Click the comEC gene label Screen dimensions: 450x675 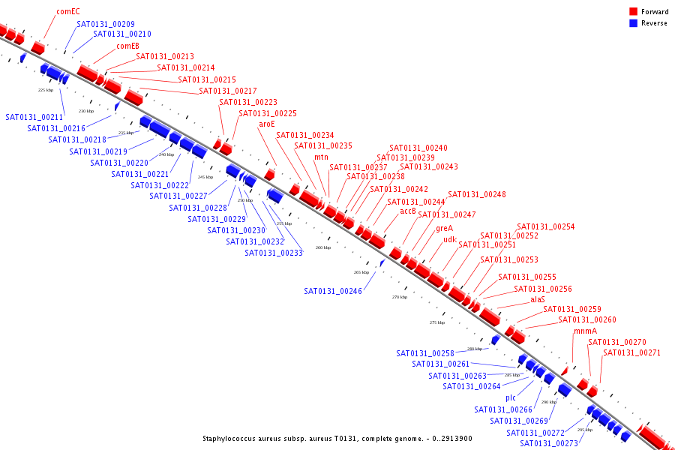pos(68,12)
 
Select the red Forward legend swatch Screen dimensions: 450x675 pos(633,12)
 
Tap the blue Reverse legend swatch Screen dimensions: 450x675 pos(633,23)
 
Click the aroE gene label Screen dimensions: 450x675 pos(267,124)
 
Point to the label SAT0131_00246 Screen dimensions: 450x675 pos(333,291)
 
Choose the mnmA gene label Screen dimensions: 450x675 pos(586,331)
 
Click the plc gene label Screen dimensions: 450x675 pos(511,397)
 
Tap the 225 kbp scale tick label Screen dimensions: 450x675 pos(46,90)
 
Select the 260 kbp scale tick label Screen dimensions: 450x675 pos(322,247)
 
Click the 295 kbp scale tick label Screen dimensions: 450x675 pos(585,430)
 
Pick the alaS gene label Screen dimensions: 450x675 pos(538,299)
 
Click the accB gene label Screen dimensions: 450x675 pos(408,211)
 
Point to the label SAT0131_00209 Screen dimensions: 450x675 pos(106,25)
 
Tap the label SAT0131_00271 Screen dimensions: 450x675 pos(632,352)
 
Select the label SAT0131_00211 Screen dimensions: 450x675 pos(34,117)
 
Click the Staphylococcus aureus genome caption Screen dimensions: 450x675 pos(337,439)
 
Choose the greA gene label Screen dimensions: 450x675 pos(445,229)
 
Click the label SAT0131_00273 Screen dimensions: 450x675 pos(549,443)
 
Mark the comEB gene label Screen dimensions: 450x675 pos(127,46)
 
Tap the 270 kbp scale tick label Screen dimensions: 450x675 pos(400,297)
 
